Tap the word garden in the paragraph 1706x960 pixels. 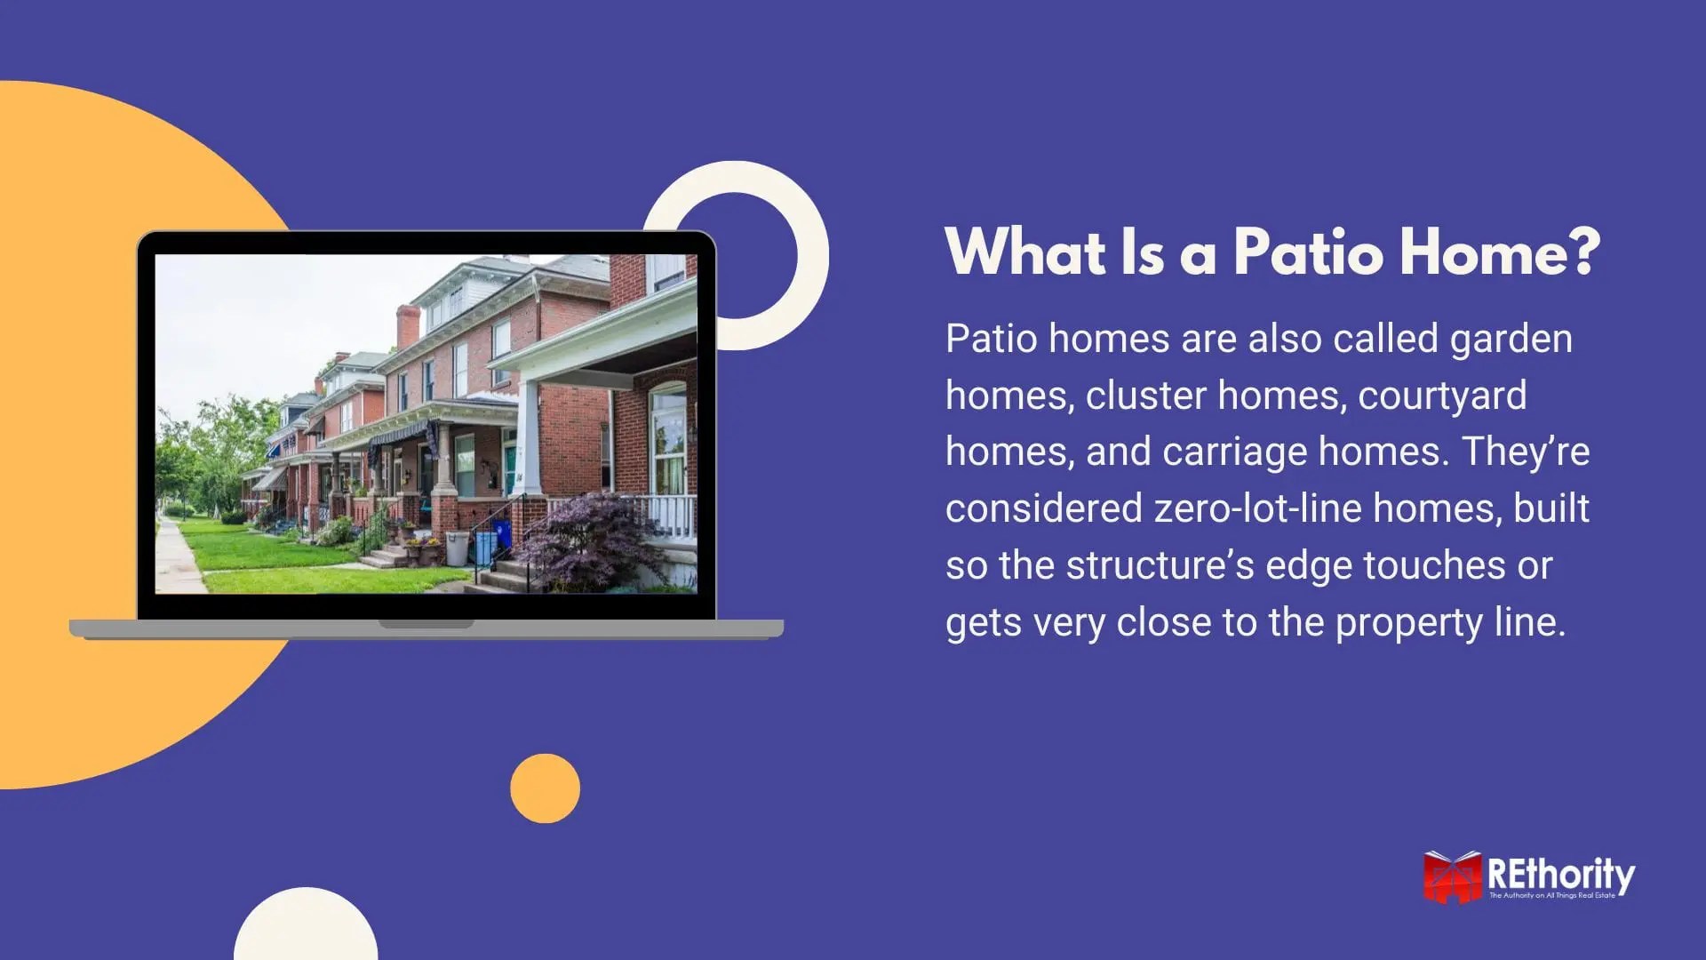[1511, 340]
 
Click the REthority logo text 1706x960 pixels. [1560, 876]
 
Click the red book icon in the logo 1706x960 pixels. [1452, 878]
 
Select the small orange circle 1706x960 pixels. [545, 788]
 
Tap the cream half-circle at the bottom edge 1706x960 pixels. [306, 929]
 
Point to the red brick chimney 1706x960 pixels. [407, 325]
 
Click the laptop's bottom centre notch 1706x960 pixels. [426, 624]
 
